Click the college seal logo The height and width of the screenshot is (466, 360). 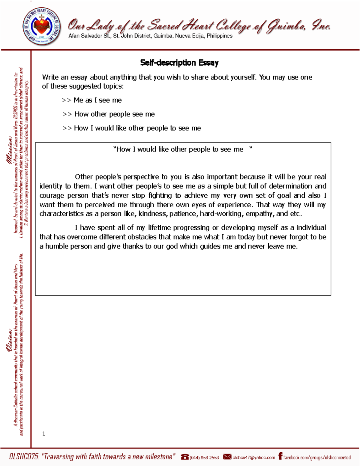pyautogui.click(x=42, y=27)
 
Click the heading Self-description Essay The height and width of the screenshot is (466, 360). pyautogui.click(x=179, y=63)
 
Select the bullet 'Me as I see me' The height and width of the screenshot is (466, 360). pyautogui.click(x=97, y=100)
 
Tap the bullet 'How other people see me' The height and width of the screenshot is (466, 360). pyautogui.click(x=114, y=114)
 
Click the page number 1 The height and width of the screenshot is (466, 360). pyautogui.click(x=44, y=434)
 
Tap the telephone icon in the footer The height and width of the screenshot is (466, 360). pyautogui.click(x=185, y=457)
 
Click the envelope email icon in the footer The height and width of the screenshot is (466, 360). pyautogui.click(x=227, y=457)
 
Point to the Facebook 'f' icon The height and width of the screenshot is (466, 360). pyautogui.click(x=280, y=456)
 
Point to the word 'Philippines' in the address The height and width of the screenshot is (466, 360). pyautogui.click(x=219, y=36)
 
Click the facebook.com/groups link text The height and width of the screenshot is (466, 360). pyautogui.click(x=317, y=458)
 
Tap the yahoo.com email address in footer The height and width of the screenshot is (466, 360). pyautogui.click(x=254, y=458)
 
